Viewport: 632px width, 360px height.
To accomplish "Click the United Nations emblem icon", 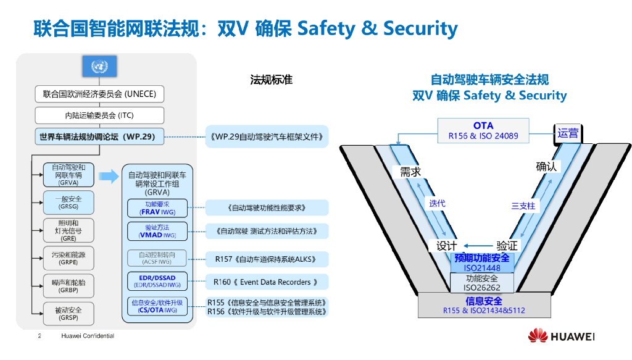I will (99, 66).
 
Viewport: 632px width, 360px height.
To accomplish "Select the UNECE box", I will (99, 94).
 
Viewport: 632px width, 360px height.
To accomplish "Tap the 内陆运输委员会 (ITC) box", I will (99, 115).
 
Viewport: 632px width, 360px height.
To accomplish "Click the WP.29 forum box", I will (99, 136).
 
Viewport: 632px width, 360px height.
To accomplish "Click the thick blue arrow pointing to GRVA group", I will (109, 177).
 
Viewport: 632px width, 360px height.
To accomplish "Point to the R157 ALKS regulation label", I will (267, 259).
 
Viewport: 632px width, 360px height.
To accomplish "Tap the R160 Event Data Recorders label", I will (267, 282).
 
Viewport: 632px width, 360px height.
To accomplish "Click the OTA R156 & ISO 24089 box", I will (483, 130).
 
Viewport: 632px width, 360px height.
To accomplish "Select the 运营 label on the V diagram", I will (567, 132).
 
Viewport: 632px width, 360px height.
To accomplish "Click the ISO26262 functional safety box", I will (482, 283).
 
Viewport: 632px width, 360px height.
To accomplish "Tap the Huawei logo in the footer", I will (560, 336).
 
